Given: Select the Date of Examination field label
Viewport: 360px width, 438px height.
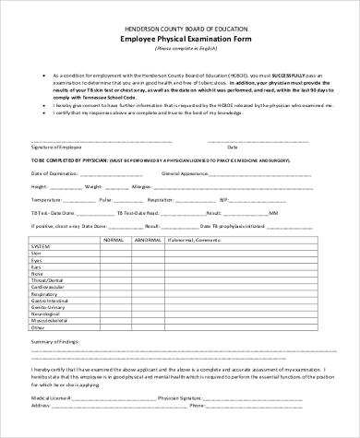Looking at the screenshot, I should coord(55,172).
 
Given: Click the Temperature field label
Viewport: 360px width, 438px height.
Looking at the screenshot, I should coord(51,198).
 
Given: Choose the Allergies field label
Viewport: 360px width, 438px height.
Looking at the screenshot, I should coord(141,185).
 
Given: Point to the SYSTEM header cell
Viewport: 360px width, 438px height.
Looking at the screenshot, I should coord(42,247).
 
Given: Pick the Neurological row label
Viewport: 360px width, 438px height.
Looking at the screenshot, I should coord(47,313).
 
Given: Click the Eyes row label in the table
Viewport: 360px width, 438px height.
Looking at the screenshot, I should coord(37,260).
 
